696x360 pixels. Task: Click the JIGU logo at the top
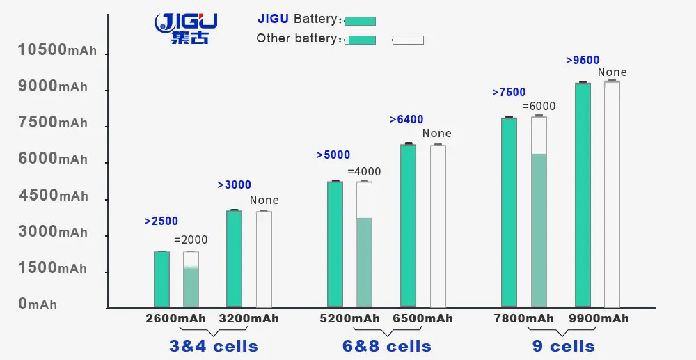point(186,28)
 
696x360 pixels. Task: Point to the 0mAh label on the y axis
point(38,304)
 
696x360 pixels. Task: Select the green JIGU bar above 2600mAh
point(161,279)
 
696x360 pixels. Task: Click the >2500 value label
point(161,221)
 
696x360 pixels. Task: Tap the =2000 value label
point(191,240)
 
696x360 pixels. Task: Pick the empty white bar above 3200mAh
point(264,259)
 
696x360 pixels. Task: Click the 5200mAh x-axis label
point(350,319)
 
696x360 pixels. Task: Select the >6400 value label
point(406,120)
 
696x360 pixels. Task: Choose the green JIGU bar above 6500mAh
point(408,226)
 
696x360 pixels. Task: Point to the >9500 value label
point(583,61)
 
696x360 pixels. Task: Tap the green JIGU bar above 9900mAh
point(583,195)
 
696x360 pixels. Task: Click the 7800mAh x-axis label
point(524,319)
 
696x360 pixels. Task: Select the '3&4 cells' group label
point(214,346)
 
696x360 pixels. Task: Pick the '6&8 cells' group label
point(387,346)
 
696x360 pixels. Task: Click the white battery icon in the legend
point(408,40)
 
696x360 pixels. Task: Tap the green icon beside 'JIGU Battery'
point(360,21)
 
